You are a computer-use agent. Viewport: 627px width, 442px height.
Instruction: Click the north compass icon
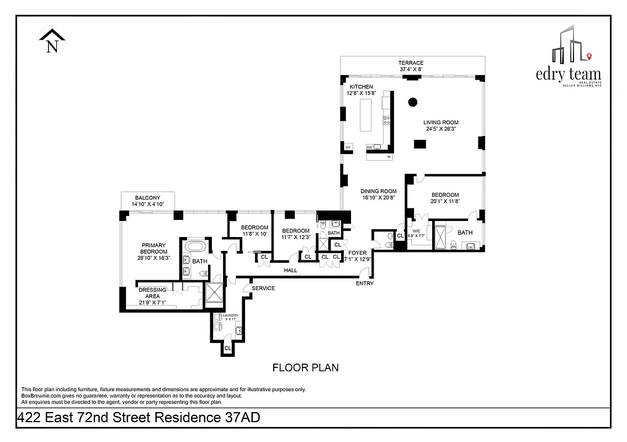tap(52, 43)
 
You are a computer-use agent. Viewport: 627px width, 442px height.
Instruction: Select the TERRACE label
tap(411, 63)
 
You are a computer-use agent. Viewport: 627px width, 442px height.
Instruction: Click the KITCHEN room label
tap(361, 87)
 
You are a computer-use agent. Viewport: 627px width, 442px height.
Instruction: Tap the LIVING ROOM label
tap(440, 123)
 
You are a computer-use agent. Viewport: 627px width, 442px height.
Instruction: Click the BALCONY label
tap(147, 198)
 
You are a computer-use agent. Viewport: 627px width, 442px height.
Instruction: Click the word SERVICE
tap(263, 288)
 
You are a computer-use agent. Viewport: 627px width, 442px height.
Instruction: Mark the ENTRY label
tap(364, 283)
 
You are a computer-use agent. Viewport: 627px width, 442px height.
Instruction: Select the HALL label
tap(290, 270)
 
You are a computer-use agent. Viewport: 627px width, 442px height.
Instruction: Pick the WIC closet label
tap(416, 231)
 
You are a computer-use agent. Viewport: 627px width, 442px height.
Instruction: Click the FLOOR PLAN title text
tap(306, 367)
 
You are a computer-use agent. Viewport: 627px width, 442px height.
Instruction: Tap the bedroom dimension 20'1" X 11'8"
tap(445, 202)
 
